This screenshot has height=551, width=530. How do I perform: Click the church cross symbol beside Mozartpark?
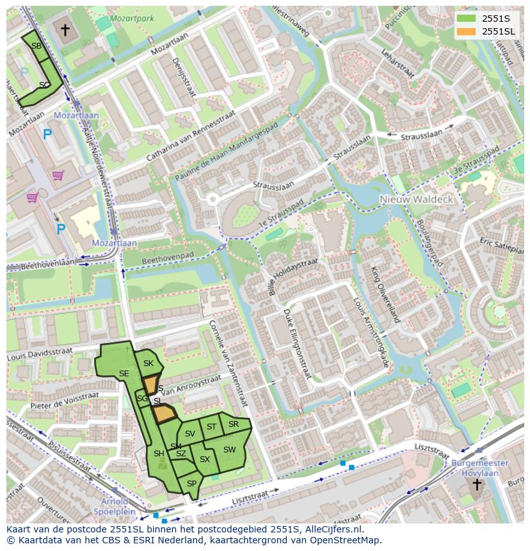point(65,29)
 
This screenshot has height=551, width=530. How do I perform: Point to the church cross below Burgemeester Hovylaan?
point(476,484)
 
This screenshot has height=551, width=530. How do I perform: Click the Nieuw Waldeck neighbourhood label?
point(416,199)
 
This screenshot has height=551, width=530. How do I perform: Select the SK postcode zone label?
point(149,363)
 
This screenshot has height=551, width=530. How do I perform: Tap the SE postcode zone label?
point(124,374)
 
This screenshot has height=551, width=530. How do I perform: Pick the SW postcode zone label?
point(229,450)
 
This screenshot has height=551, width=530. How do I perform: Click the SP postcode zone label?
point(191,484)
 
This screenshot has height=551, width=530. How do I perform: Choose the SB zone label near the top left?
point(36,46)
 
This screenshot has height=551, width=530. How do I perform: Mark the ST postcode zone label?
point(211,426)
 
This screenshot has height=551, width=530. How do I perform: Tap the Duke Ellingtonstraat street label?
point(298,343)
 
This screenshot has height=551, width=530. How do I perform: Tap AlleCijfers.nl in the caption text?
point(331,529)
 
